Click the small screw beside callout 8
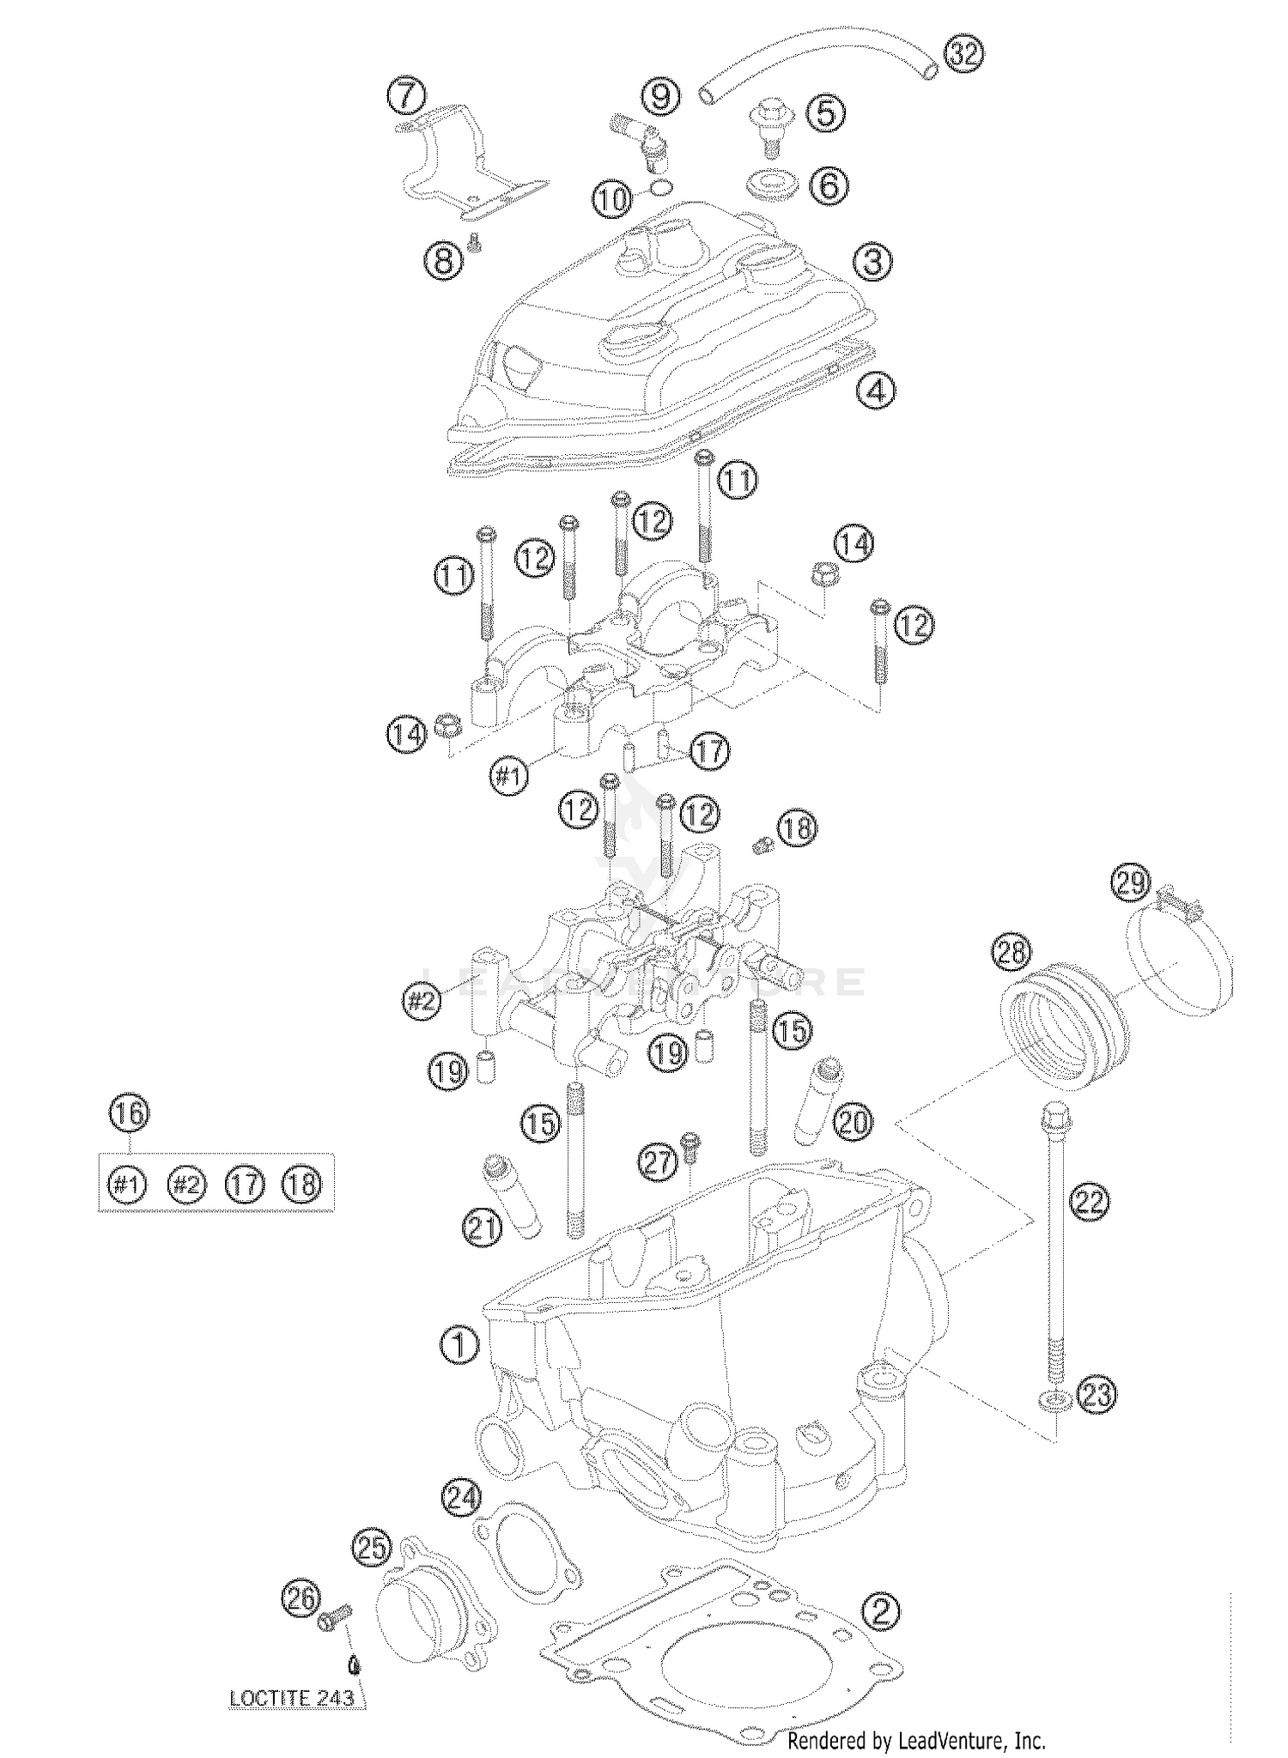473,245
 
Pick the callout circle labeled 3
872,262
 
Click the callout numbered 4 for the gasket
876,391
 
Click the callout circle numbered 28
1012,951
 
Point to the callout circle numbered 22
1089,1201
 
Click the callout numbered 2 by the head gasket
880,1611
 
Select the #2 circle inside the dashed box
186,1185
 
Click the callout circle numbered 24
462,1498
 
